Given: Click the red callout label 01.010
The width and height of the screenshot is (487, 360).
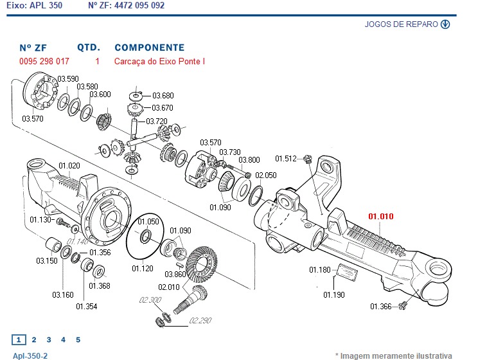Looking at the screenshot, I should tap(380, 216).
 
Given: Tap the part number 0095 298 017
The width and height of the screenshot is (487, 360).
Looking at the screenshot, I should tap(44, 62).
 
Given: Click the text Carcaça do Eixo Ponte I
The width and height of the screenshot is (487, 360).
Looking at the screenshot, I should tap(159, 62).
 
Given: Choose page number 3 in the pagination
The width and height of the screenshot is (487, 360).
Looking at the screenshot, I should tap(48, 339).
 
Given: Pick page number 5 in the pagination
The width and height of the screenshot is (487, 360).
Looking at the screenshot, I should tap(78, 339).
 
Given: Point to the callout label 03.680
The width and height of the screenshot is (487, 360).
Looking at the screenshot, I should tap(163, 96).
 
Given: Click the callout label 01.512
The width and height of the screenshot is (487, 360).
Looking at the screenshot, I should tap(286, 158).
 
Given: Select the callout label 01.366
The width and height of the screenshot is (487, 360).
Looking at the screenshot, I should tap(380, 307).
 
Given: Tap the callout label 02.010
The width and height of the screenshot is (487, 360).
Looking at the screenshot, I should tap(170, 287).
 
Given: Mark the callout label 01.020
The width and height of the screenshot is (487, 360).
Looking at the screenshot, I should tap(69, 166).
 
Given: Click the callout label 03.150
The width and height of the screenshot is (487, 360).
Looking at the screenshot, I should tap(46, 261).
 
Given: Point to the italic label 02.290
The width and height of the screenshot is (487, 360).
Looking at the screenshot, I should tap(200, 319).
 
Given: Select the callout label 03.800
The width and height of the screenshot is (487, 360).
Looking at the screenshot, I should tap(249, 160).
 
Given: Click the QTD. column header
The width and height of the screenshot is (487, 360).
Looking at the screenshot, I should tap(89, 48).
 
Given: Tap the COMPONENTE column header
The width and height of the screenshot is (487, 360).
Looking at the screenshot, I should tap(149, 48).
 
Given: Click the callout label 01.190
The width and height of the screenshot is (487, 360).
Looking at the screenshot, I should tap(334, 294).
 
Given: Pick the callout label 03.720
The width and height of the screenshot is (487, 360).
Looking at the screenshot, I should tap(156, 122).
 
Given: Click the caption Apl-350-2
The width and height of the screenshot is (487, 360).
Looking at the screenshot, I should tap(30, 355).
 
